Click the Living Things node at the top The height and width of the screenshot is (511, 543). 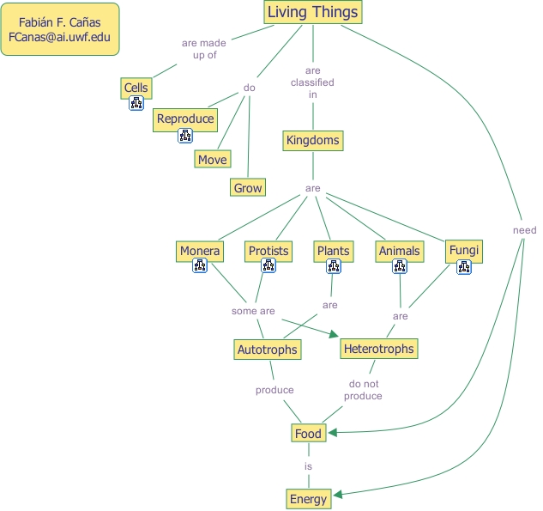(x=312, y=12)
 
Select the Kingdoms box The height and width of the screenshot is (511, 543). (x=312, y=140)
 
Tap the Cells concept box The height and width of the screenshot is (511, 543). (x=136, y=88)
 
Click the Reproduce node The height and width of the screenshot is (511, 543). (x=184, y=119)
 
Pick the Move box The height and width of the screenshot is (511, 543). (x=212, y=160)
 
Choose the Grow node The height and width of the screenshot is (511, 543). (x=248, y=188)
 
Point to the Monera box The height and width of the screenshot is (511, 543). (x=200, y=251)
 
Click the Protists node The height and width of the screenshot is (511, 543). (x=268, y=251)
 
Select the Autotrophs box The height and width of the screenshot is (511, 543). (x=267, y=350)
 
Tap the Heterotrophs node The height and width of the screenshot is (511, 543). (x=378, y=349)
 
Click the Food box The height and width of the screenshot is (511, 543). (x=307, y=434)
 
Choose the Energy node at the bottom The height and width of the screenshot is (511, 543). (x=308, y=499)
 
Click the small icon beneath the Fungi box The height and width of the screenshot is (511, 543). (x=464, y=267)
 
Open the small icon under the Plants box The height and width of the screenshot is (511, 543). (x=334, y=267)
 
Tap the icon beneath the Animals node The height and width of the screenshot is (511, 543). (x=399, y=267)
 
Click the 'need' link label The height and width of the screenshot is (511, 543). (x=524, y=230)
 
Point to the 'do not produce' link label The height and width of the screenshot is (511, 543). (x=363, y=390)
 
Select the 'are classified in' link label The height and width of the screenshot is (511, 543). (x=312, y=82)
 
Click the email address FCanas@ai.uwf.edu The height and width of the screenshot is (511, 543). (x=59, y=39)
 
